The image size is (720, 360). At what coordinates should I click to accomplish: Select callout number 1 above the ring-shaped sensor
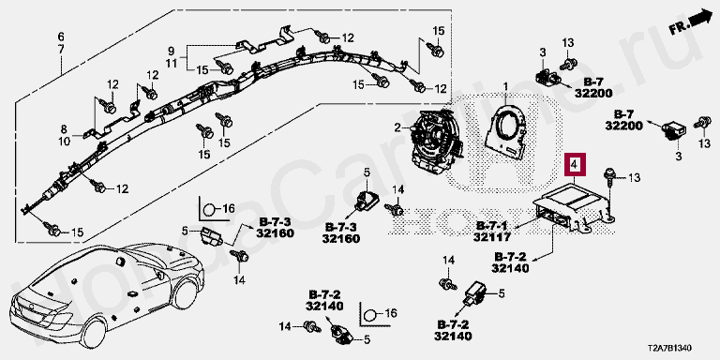click(x=505, y=86)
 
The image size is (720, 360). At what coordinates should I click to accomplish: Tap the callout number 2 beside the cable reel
click(x=398, y=127)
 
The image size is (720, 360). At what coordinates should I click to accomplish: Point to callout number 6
click(x=61, y=37)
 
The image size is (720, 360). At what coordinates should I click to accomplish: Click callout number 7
click(x=61, y=48)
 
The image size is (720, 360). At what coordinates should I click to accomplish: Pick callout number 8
click(x=64, y=129)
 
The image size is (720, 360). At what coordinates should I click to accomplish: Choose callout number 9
click(x=172, y=51)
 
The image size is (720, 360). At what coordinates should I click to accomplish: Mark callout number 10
click(x=64, y=142)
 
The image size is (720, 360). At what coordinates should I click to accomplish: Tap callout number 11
click(x=172, y=63)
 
